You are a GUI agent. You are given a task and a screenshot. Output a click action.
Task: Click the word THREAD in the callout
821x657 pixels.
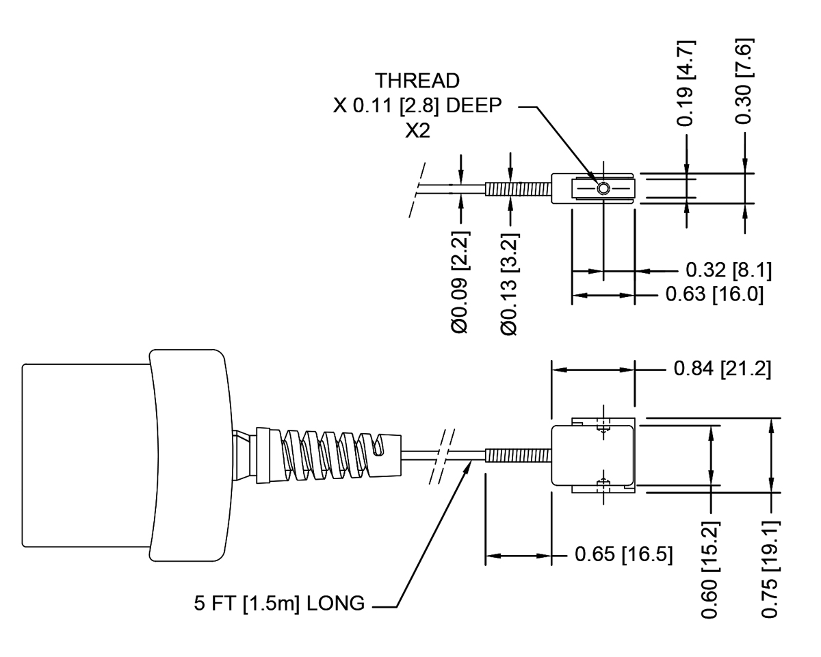click(417, 81)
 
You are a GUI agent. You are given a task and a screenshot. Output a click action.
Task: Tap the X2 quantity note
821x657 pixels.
click(417, 131)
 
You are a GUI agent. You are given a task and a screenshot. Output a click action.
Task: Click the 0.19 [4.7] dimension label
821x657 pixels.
click(685, 83)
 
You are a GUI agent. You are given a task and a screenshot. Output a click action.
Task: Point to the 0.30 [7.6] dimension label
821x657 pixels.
click(744, 81)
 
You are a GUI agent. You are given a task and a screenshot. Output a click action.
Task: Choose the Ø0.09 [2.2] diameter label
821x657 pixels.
click(460, 282)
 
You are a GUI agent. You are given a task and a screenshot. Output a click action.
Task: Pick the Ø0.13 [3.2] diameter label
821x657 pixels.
click(509, 284)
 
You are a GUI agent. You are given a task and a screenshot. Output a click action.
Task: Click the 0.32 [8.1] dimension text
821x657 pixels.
click(728, 270)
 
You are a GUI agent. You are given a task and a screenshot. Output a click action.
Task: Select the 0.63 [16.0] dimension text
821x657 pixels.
click(714, 294)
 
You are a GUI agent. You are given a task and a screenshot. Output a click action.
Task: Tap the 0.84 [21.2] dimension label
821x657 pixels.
click(722, 368)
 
